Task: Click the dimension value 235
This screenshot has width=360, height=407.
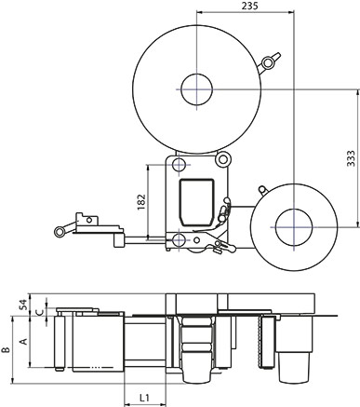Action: point(249,6)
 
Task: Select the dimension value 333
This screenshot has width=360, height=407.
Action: point(351,158)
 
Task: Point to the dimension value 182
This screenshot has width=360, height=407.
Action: point(141,202)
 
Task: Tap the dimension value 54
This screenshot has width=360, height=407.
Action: point(23,305)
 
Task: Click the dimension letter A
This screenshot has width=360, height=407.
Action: point(23,342)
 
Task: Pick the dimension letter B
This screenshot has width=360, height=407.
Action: point(6,349)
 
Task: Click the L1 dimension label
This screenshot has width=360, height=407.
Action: point(144,397)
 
